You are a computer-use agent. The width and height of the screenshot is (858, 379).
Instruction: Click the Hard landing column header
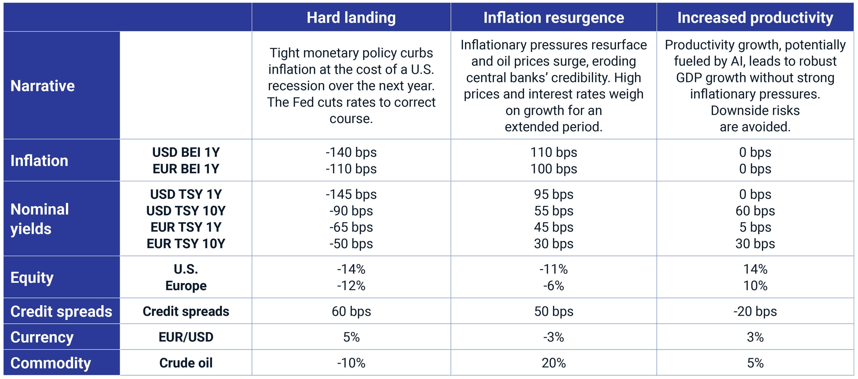(351, 17)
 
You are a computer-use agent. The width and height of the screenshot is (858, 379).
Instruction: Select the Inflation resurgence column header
(554, 17)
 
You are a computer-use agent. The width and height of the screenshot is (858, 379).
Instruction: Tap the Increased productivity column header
(755, 17)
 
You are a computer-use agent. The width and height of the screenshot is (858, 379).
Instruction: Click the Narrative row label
(43, 86)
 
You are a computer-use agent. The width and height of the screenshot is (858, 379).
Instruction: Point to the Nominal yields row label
(40, 219)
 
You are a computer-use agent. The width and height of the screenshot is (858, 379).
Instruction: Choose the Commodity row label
(51, 363)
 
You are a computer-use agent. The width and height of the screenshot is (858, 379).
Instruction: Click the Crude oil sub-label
(186, 363)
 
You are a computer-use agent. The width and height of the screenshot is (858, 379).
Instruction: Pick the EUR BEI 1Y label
(186, 169)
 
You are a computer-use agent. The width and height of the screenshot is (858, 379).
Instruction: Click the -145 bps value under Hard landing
(351, 194)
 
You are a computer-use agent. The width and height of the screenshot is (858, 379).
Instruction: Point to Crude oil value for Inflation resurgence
(554, 363)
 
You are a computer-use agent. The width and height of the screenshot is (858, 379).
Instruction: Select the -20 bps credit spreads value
(755, 311)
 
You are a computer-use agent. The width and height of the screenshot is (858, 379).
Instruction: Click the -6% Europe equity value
(554, 286)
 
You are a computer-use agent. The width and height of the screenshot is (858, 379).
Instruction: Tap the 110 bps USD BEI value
(554, 152)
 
